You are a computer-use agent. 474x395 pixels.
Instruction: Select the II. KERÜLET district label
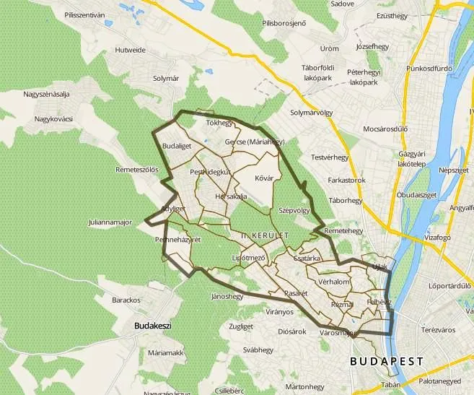click(x=260, y=235)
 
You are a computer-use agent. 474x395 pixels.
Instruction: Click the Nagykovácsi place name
click(x=48, y=119)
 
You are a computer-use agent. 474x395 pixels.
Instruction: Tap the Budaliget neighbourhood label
click(x=177, y=145)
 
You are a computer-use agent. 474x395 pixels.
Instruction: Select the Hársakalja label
click(x=231, y=196)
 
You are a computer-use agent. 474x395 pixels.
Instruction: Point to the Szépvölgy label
click(x=294, y=210)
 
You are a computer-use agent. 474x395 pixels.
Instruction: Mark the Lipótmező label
click(x=249, y=257)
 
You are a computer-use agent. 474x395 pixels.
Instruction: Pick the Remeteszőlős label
click(x=136, y=170)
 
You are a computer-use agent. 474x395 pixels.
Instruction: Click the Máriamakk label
click(x=165, y=353)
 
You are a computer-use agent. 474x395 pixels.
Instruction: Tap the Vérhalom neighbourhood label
click(x=334, y=282)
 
